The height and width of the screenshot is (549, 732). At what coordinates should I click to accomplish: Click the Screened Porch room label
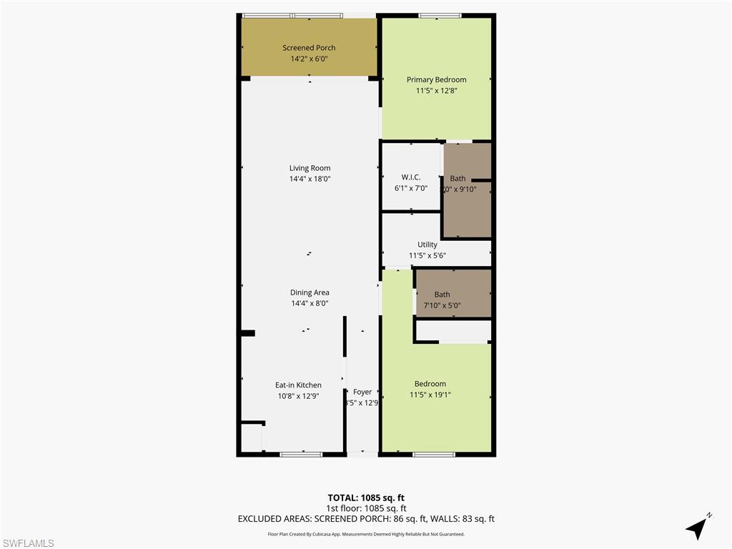[x=309, y=48]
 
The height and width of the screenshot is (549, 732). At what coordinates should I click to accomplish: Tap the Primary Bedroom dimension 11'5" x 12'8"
[x=436, y=91]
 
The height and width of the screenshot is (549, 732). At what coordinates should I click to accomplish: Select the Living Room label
[x=310, y=168]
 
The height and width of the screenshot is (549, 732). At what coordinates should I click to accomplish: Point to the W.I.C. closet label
[x=410, y=177]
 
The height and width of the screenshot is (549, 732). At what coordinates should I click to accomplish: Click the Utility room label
[x=427, y=244]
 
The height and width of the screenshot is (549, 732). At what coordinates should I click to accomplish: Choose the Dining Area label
[x=310, y=292]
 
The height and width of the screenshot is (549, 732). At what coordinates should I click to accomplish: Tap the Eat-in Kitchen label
[x=298, y=385]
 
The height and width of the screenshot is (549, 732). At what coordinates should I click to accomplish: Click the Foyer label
[x=362, y=392]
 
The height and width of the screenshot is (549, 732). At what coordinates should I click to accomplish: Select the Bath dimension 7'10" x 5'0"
[x=442, y=305]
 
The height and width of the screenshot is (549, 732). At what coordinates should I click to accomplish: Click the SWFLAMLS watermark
[x=28, y=543]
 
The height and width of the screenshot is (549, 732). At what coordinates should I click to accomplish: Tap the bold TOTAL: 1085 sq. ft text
[x=366, y=498]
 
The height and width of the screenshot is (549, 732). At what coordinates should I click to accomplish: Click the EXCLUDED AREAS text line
[x=366, y=519]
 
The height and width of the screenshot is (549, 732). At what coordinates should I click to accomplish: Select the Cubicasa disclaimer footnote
[x=366, y=534]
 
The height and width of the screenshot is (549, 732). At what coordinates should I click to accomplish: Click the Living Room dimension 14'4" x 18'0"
[x=310, y=179]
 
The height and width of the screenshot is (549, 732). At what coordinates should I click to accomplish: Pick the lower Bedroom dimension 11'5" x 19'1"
[x=430, y=395]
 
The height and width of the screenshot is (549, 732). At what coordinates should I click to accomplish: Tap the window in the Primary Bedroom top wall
[x=440, y=15]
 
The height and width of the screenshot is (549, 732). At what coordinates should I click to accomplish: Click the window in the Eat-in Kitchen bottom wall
[x=301, y=454]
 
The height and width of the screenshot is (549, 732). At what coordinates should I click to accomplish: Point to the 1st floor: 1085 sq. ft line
[x=366, y=508]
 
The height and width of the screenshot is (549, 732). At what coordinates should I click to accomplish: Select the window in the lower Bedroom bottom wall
[x=433, y=454]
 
